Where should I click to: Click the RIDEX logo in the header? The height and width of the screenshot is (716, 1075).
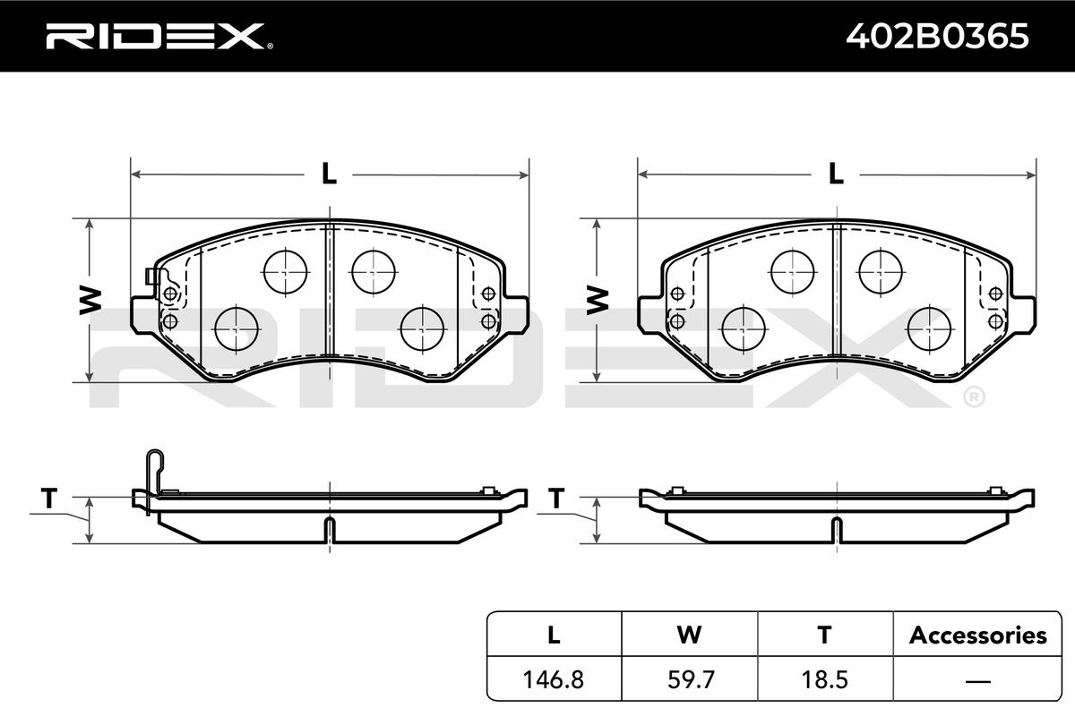pos(159,37)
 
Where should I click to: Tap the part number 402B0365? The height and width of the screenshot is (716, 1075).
pos(937,37)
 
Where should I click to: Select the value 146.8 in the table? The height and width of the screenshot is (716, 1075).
pos(554,679)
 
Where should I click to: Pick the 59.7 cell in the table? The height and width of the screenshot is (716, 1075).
pos(691,679)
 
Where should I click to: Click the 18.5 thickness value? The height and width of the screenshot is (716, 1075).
pos(825,679)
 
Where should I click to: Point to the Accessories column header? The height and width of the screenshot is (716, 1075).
pos(977,635)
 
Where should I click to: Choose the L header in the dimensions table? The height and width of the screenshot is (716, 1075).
pos(554,635)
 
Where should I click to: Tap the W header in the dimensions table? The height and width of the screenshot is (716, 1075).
pos(689,635)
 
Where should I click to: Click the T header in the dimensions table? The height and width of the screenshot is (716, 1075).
pos(824,635)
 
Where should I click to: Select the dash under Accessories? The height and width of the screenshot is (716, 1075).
pos(977,680)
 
